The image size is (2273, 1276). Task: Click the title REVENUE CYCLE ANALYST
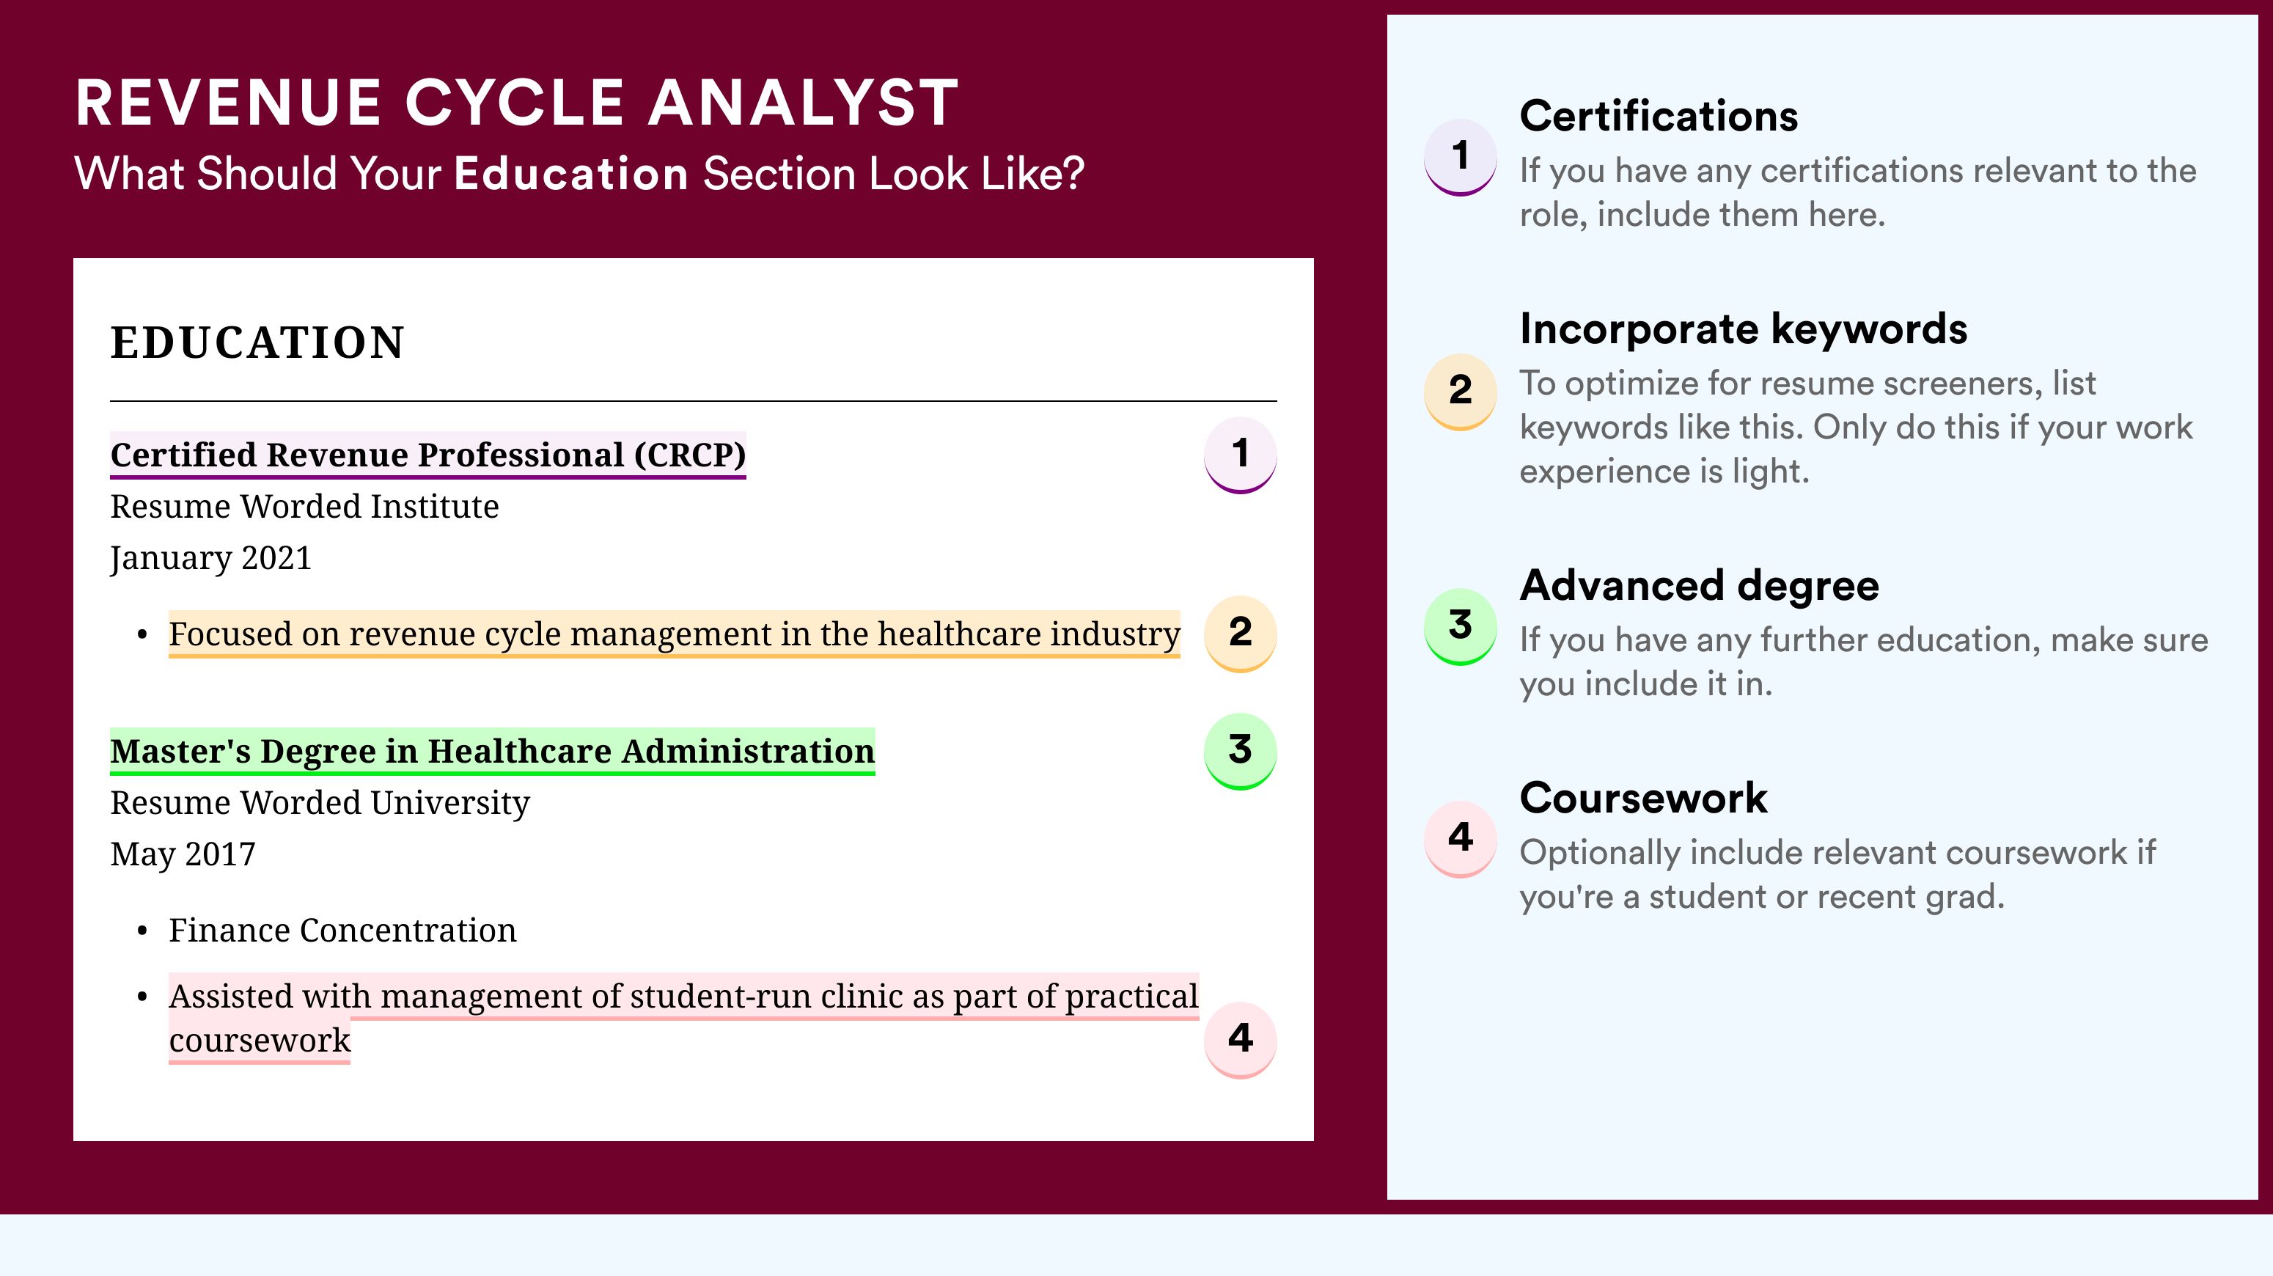516,103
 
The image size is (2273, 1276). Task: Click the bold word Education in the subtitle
571,173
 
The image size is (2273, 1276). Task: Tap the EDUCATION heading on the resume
257,342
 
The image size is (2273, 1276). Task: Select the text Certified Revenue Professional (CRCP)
428,455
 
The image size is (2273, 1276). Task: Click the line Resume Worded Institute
304,507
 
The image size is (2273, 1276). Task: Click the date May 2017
183,854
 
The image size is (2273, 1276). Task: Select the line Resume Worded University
320,803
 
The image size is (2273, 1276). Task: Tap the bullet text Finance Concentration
342,930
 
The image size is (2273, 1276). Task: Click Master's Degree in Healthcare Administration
493,751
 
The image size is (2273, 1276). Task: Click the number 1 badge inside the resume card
1240,455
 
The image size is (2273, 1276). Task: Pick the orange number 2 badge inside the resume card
1240,634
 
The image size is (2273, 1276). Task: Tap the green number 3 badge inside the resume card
1240,751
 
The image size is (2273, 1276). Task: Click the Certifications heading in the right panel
1659,116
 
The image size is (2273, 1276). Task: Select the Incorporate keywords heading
1744,329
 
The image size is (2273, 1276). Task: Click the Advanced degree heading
1700,585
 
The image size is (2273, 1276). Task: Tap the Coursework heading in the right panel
1643,798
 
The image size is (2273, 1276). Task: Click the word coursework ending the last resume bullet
260,1041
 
